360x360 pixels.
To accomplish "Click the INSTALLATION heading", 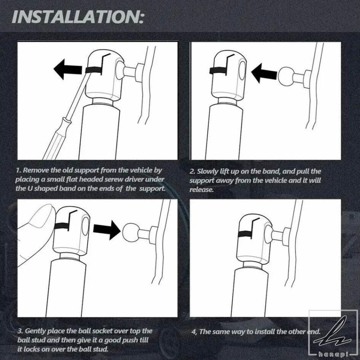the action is (x=78, y=16).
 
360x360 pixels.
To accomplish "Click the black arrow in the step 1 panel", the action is (x=68, y=69).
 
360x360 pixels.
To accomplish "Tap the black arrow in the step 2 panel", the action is (x=264, y=73).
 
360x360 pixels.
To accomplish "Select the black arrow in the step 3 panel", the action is (x=107, y=230).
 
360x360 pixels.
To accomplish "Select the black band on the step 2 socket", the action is (x=218, y=71).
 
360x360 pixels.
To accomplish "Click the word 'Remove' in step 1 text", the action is (x=36, y=170).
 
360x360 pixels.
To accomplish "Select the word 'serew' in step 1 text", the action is (x=114, y=179).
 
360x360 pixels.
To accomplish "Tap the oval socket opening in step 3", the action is (x=85, y=226).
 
